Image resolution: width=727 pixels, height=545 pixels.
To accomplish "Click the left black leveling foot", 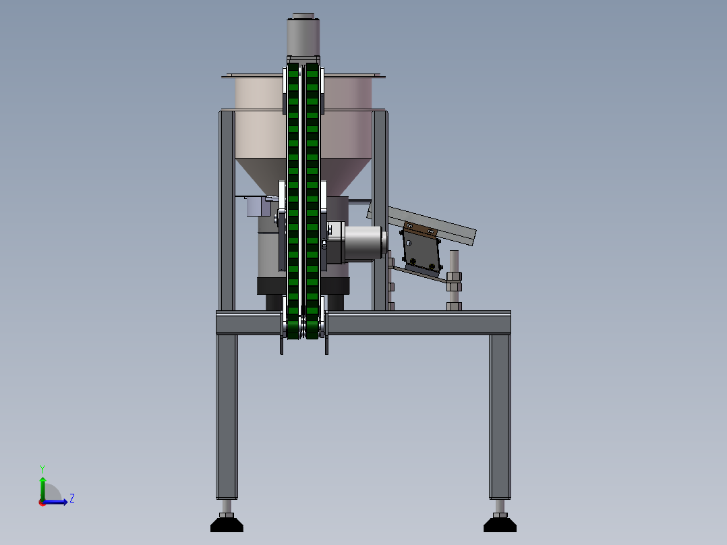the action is pos(227,524).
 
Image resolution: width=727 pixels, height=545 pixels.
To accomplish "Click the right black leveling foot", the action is pos(500,524).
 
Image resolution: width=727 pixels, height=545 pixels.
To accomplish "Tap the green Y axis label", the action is pos(42,469).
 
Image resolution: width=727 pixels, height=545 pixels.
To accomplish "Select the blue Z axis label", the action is pos(72,498).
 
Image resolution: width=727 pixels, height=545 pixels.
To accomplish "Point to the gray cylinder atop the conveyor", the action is pos(303,35).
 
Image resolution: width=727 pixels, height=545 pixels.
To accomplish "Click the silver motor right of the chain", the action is pos(364,242).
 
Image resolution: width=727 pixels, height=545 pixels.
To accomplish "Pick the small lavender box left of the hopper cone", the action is pos(258,206).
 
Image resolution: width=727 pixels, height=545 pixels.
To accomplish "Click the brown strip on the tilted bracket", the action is pos(421,229).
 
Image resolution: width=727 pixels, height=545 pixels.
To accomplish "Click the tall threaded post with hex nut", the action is pos(454,280).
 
